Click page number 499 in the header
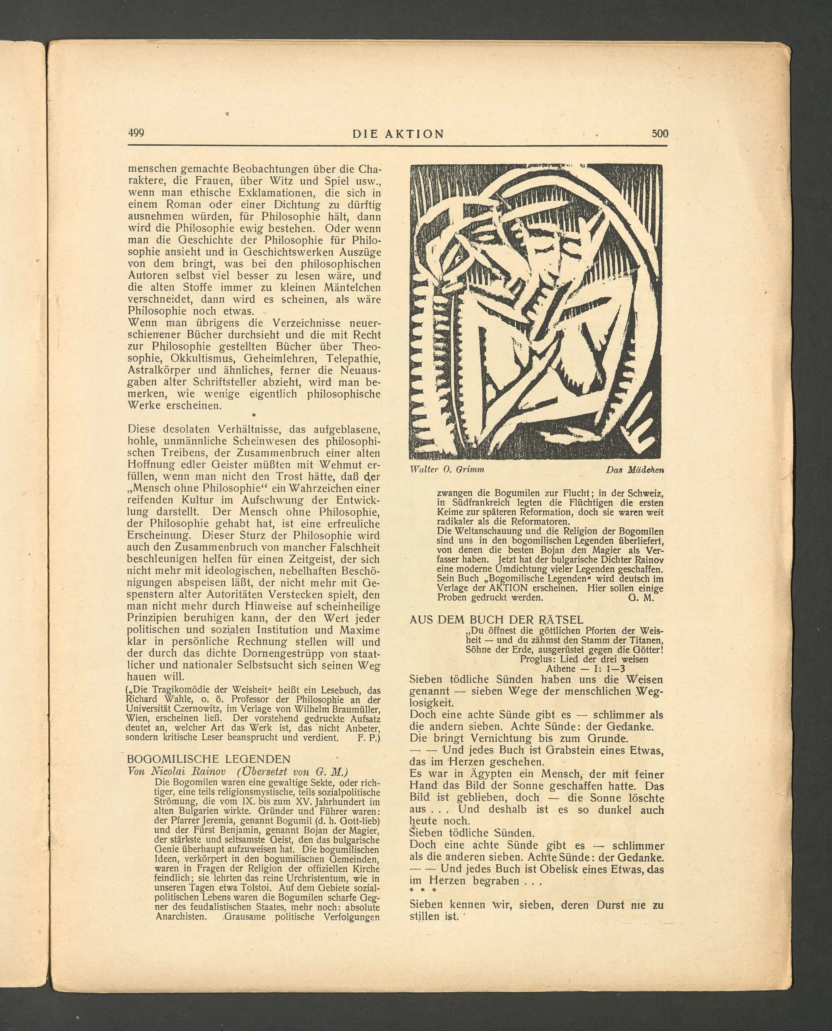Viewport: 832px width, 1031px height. [x=136, y=133]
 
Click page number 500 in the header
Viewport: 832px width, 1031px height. [x=660, y=133]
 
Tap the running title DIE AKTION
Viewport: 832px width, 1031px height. [x=398, y=134]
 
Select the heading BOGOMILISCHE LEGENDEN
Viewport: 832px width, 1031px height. [x=208, y=759]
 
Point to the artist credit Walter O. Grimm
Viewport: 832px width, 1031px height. [x=447, y=470]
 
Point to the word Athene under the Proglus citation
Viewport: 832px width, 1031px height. [x=561, y=668]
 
